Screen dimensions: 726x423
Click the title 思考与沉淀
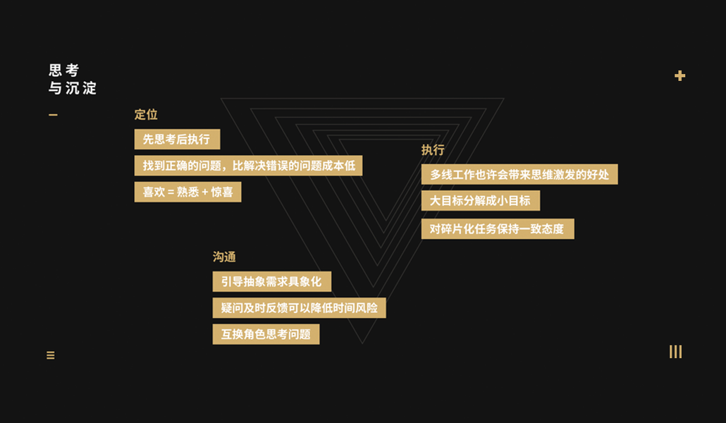73,79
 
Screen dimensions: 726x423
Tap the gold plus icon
679,75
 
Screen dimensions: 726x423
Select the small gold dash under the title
53,115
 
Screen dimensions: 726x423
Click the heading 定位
146,115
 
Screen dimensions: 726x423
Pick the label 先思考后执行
177,140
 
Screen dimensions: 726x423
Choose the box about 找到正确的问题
248,166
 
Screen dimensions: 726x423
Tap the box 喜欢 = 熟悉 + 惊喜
187,192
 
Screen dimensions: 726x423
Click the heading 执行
433,150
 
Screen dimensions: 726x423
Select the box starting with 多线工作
519,174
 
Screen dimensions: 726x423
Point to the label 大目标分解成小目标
481,201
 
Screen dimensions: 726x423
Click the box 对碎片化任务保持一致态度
498,229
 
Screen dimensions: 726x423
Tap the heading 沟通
224,257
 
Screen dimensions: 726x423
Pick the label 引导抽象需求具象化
271,282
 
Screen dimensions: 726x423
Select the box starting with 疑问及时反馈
299,308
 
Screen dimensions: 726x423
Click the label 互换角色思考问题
266,334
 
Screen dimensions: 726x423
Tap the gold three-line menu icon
51,355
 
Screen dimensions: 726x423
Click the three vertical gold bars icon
675,352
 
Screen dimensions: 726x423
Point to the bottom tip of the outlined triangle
362,343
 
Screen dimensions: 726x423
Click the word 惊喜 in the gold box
222,192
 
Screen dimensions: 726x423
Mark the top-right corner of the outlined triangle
503,98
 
